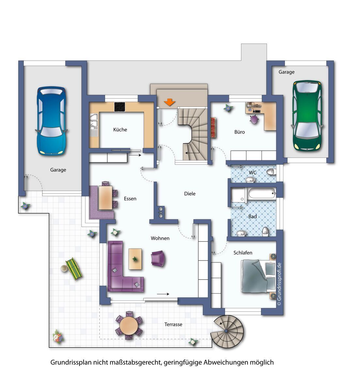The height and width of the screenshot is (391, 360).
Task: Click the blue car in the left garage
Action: tap(51, 121)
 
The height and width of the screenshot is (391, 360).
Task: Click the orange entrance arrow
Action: tap(169, 102)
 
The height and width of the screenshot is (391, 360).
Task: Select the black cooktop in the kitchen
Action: tap(120, 107)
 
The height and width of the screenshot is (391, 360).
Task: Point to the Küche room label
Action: tap(120, 130)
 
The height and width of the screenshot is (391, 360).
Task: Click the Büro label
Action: tap(239, 132)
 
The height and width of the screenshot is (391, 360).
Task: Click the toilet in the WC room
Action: tap(271, 172)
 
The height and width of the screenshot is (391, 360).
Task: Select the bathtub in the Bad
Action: tap(262, 193)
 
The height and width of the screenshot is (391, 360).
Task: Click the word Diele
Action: tap(190, 194)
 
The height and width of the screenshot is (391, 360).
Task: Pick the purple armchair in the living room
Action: tap(158, 258)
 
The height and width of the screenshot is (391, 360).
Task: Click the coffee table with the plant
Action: tap(135, 259)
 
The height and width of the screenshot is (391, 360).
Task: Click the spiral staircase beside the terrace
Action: tap(227, 332)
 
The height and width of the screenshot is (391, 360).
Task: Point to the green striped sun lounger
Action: tap(74, 269)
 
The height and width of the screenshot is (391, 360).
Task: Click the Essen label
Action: tap(130, 199)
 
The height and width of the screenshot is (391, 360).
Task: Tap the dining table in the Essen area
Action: tap(105, 198)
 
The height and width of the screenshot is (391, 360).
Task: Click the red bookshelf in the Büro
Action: tap(213, 128)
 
